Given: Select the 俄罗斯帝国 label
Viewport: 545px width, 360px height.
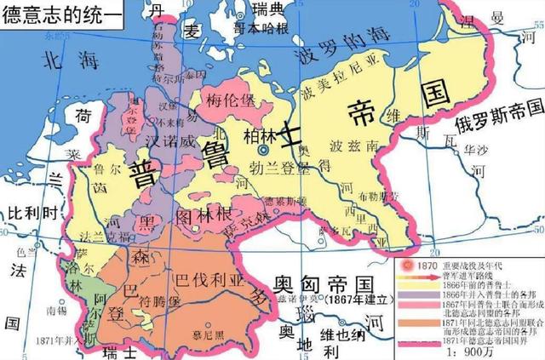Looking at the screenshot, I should click(499, 124).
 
